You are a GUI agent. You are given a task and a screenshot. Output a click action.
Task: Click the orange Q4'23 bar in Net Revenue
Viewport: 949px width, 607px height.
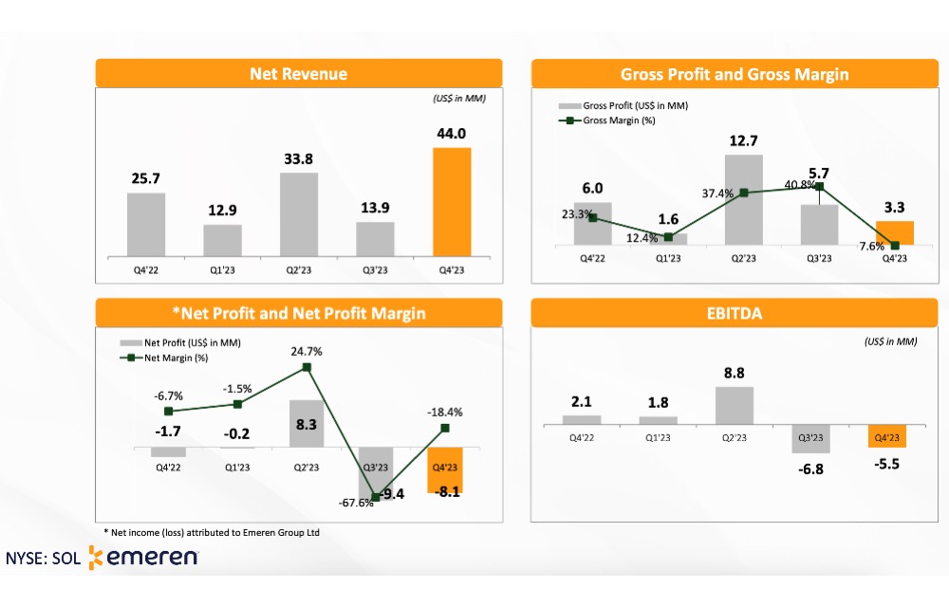tap(452, 202)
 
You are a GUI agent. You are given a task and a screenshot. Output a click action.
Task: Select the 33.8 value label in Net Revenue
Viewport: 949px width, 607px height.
tap(298, 159)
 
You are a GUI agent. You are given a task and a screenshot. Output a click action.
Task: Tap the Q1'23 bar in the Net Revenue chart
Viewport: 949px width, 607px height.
tap(222, 241)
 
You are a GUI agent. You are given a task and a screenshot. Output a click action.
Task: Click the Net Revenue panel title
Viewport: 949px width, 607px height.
tap(298, 74)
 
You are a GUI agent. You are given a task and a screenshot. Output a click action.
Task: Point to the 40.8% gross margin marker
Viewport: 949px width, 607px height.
tap(820, 187)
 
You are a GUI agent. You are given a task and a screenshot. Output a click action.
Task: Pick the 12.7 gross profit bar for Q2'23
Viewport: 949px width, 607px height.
tap(744, 199)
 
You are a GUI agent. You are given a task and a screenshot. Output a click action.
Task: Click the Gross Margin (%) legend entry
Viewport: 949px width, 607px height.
tap(606, 120)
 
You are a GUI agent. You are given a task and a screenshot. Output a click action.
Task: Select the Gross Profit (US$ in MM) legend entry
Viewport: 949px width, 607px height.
tap(623, 106)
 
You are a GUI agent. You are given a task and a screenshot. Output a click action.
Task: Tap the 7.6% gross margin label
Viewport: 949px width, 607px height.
tap(871, 246)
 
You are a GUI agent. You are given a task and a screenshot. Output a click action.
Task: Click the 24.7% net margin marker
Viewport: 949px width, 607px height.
tap(307, 368)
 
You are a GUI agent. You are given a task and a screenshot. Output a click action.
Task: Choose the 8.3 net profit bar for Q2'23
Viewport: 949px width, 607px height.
tap(307, 424)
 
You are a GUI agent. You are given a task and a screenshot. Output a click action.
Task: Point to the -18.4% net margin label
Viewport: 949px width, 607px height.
tap(445, 413)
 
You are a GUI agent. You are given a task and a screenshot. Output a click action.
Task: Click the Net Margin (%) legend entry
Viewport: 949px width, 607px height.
tap(164, 358)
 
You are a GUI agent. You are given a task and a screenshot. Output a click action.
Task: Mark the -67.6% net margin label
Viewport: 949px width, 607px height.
tap(356, 503)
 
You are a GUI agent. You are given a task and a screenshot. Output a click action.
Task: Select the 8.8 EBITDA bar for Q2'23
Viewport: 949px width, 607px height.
tap(735, 406)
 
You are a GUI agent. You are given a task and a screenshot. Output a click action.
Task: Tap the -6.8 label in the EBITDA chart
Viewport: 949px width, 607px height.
tap(810, 469)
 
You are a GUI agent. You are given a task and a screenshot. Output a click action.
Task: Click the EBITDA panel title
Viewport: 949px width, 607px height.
tap(735, 313)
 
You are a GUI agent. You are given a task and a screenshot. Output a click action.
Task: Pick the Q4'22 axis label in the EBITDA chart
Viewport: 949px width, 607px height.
tap(582, 437)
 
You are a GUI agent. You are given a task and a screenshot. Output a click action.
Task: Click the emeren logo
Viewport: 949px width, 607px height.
tap(143, 558)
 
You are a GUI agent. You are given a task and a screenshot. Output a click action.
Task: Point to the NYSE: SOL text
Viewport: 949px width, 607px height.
tap(43, 558)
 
